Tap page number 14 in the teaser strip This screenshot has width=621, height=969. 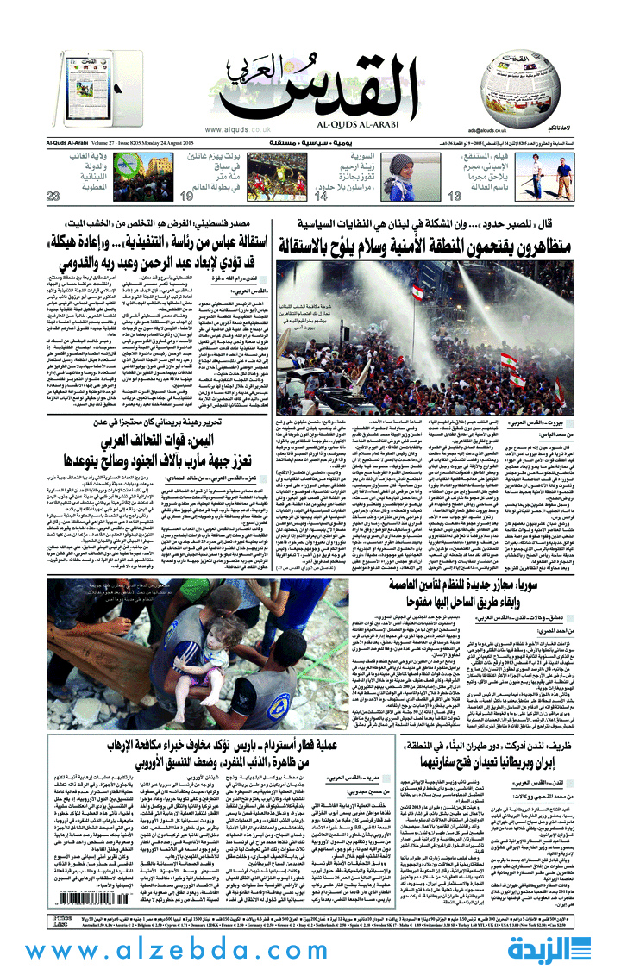(x=322, y=197)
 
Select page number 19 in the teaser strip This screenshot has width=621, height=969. (x=185, y=197)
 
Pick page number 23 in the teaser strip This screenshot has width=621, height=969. (x=54, y=197)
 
